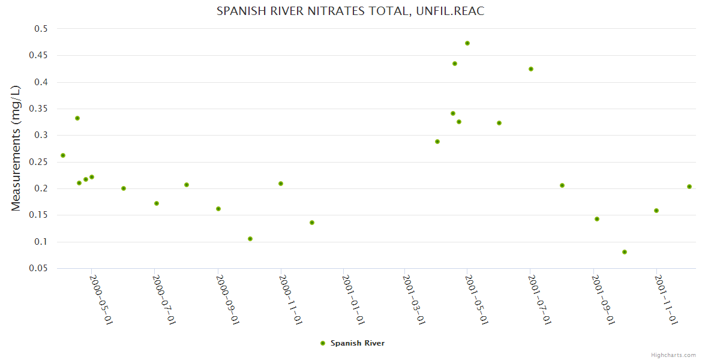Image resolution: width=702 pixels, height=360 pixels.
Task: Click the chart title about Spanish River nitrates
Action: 350,11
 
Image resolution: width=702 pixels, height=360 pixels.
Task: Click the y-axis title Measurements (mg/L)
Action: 16,148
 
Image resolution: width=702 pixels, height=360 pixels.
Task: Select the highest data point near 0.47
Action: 467,43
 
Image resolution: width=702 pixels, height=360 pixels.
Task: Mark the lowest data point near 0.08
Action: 625,252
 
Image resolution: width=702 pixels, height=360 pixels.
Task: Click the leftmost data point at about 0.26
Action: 63,155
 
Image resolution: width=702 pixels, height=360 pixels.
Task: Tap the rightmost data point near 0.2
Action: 689,187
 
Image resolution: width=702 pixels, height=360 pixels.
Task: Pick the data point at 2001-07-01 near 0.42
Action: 531,69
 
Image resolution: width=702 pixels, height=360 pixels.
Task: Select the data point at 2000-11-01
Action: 281,184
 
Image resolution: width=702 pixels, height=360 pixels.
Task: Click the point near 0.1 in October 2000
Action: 250,239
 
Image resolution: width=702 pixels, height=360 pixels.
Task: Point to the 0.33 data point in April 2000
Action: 77,118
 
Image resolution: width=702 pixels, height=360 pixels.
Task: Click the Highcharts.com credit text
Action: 673,355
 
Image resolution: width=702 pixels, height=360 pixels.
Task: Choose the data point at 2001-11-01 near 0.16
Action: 656,211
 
